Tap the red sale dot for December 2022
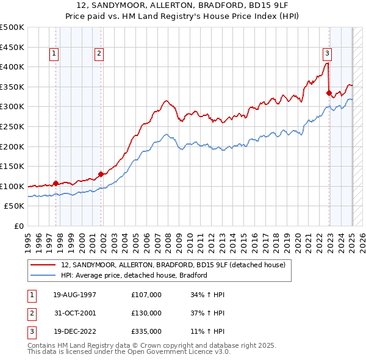pyautogui.click(x=329, y=93)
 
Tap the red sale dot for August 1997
pyautogui.click(x=56, y=183)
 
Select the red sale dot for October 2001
pyautogui.click(x=101, y=174)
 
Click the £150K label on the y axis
pyautogui.click(x=12, y=166)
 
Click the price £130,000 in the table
pyautogui.click(x=146, y=313)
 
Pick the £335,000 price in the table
pyautogui.click(x=146, y=331)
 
